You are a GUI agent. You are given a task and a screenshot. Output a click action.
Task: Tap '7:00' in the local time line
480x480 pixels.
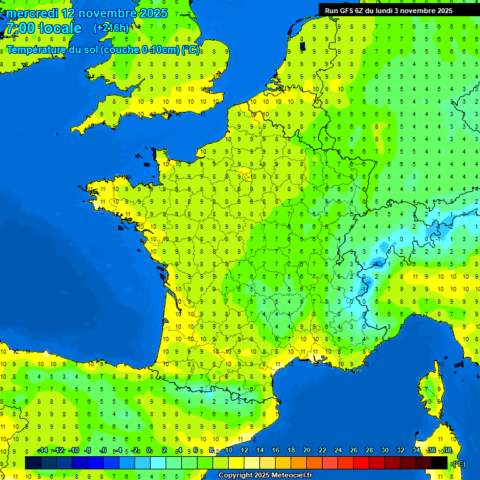click(x=19, y=28)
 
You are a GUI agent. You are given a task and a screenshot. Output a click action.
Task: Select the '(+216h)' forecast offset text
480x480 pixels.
click(x=111, y=27)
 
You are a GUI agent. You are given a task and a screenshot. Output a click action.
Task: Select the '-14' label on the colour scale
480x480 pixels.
click(x=42, y=450)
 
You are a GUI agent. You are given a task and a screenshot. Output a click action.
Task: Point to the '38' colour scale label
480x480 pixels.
click(x=447, y=450)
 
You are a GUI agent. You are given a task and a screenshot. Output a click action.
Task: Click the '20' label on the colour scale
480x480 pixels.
click(x=307, y=450)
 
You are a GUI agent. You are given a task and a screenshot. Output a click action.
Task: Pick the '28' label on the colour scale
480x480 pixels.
click(x=369, y=450)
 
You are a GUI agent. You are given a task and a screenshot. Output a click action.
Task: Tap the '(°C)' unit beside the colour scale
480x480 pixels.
click(x=459, y=463)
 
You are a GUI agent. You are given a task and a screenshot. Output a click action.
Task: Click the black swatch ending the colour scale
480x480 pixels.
click(x=439, y=462)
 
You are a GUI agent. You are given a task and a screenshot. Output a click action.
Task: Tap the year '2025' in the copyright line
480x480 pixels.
click(x=257, y=476)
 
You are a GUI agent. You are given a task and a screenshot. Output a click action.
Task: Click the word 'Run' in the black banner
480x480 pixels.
click(x=331, y=10)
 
